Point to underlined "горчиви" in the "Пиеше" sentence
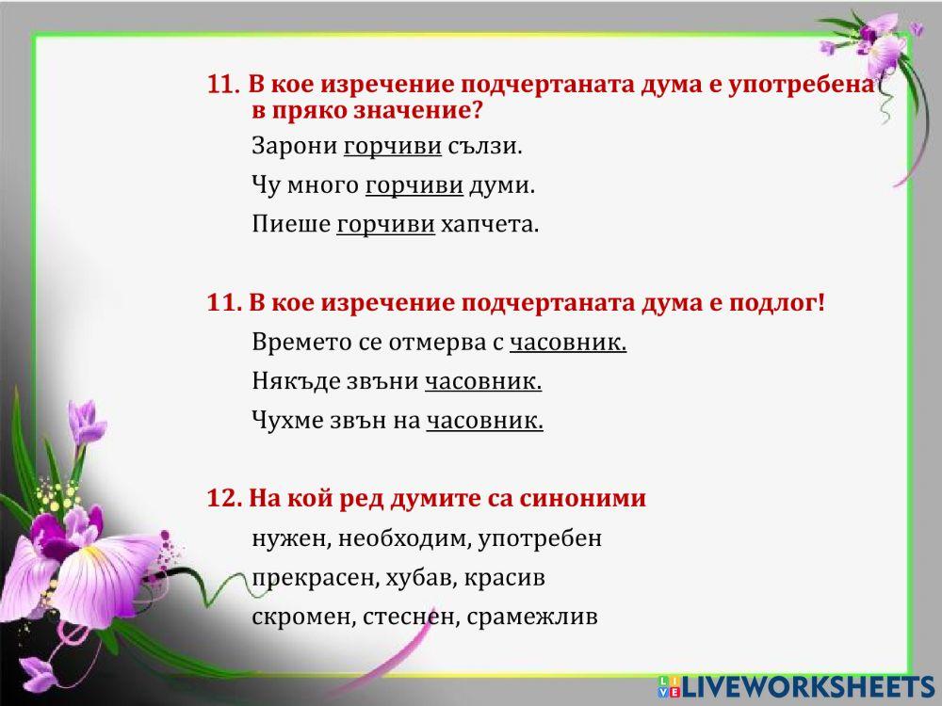click(x=385, y=225)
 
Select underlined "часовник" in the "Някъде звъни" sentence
click(x=483, y=381)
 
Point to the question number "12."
click(x=224, y=499)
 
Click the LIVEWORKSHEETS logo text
click(x=806, y=686)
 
